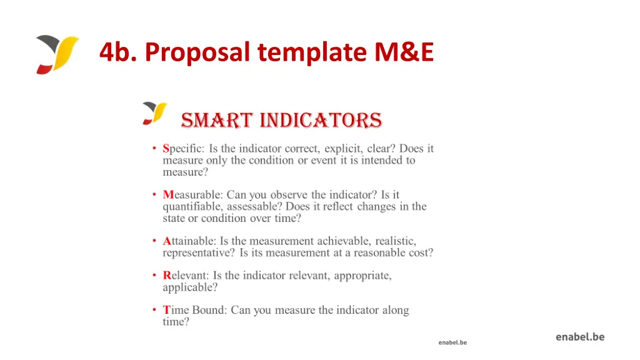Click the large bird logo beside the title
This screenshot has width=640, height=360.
[x=57, y=54]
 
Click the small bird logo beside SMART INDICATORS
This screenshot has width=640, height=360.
[x=154, y=113]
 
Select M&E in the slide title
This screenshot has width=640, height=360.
[x=404, y=52]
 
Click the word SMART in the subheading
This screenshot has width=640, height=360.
[x=216, y=120]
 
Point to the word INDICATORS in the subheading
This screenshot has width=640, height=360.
[x=321, y=120]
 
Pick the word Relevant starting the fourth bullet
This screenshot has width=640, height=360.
[x=185, y=276]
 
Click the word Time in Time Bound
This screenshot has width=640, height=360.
[x=176, y=310]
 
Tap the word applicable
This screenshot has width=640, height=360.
[x=189, y=287]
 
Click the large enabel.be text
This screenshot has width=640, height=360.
[x=580, y=337]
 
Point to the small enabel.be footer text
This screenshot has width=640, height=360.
[x=452, y=342]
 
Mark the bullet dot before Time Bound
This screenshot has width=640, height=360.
[x=154, y=310]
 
